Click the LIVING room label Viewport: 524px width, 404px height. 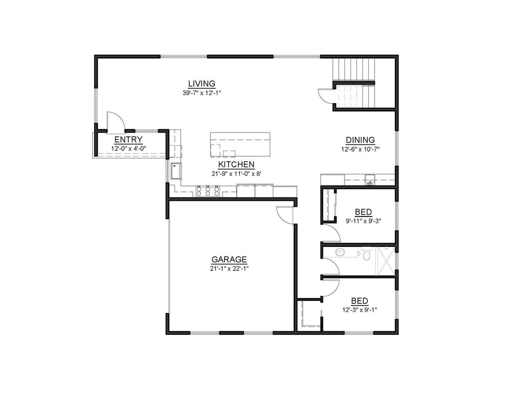[x=202, y=83]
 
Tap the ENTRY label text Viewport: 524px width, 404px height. [x=128, y=140]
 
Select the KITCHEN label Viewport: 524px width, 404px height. [x=236, y=165]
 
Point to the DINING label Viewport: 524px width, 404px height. [x=360, y=140]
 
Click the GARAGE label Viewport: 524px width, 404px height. [x=229, y=259]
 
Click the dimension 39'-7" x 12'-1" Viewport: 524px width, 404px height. [x=202, y=93]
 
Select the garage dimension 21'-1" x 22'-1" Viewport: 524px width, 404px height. [x=229, y=268]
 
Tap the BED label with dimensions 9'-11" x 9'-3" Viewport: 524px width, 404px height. [x=363, y=212]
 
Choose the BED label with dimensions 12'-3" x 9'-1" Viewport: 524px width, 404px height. [x=359, y=301]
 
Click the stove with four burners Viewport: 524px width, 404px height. [x=208, y=192]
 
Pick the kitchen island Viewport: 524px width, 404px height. [x=240, y=144]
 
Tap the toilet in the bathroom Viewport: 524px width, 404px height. [x=366, y=255]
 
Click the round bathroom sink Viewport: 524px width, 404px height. [x=340, y=252]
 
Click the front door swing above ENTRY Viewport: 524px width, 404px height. [x=115, y=121]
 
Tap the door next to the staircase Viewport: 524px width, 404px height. [x=325, y=95]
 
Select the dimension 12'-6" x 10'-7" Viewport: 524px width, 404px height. [x=360, y=149]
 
